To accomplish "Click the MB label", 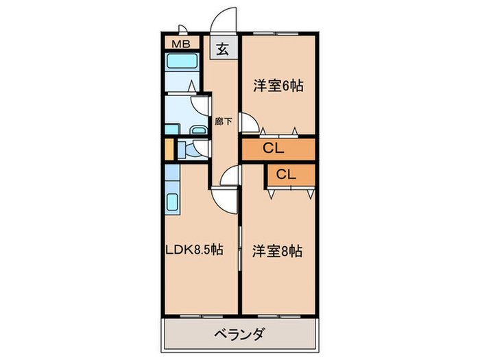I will [180, 45].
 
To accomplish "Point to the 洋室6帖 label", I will [278, 86].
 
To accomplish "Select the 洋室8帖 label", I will [278, 251].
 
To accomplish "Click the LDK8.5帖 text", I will [194, 251].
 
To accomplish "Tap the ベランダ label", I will [240, 335].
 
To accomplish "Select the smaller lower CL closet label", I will [287, 174].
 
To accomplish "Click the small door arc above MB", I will [183, 29].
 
